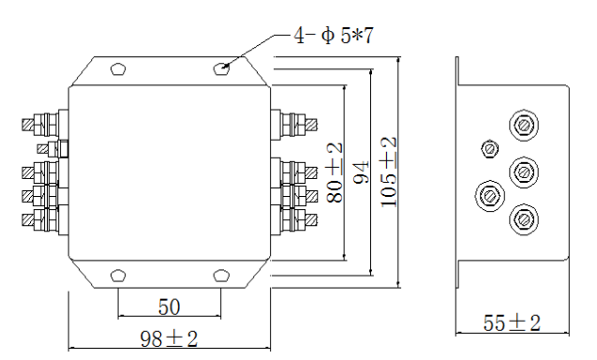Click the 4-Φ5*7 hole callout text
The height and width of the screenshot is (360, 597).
334,36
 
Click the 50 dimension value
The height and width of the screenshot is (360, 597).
169,307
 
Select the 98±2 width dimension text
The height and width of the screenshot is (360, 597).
169,338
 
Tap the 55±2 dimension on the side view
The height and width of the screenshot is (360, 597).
512,323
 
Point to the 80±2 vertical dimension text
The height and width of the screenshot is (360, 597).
336,172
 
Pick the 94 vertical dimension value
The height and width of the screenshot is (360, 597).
362,172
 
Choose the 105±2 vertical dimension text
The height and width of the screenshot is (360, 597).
389,172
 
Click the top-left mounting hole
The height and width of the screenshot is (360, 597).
118,69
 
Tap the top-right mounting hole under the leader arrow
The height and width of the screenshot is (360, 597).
221,69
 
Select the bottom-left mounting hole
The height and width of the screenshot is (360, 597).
118,275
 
